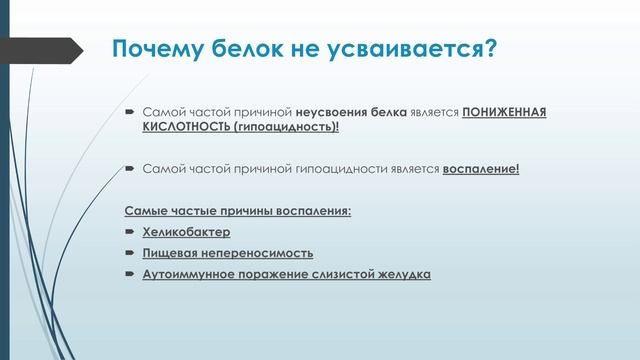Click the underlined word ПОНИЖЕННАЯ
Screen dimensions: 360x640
point(504,114)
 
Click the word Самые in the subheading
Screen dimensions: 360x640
point(145,211)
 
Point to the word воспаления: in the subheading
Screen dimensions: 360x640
point(315,211)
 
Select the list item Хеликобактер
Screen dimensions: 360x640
point(186,232)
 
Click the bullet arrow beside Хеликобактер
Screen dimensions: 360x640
point(130,232)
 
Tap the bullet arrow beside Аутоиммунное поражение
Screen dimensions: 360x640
point(130,274)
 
